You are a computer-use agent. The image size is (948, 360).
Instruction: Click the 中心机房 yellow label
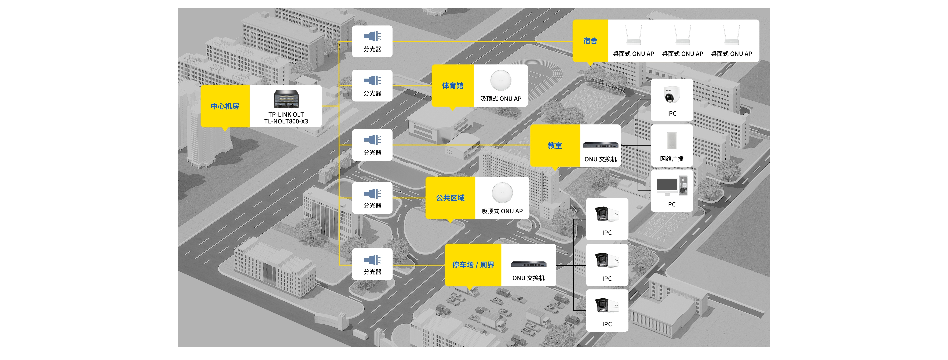(225, 106)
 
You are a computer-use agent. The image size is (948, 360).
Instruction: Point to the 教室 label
(555, 145)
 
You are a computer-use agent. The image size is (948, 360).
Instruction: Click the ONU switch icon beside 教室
(601, 145)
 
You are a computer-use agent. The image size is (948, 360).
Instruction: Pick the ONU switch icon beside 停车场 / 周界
(528, 264)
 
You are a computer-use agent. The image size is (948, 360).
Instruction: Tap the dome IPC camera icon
(672, 95)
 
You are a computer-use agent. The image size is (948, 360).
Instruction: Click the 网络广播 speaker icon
(672, 140)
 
